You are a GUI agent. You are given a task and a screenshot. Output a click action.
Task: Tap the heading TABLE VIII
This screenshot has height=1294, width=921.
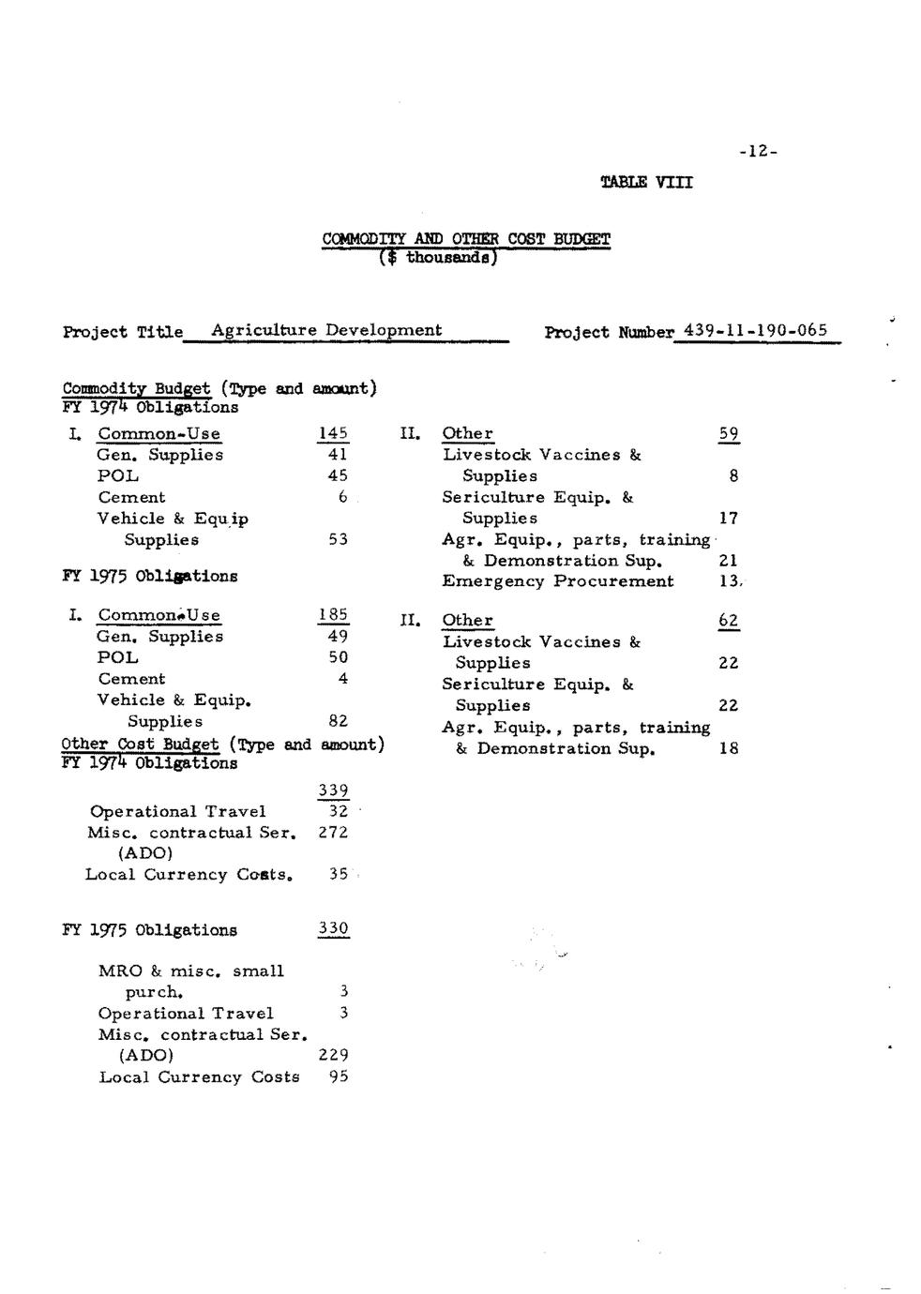[646, 182]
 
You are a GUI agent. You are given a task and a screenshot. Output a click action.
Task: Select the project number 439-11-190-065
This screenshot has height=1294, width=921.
[756, 330]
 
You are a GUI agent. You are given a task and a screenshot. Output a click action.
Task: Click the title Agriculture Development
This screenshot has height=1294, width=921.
[326, 330]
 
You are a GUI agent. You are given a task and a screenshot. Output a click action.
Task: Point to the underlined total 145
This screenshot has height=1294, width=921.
[333, 433]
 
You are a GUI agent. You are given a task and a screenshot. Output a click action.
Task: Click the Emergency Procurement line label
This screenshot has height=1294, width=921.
[557, 581]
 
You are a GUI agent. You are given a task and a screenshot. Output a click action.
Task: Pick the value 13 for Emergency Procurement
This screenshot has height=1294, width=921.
[729, 581]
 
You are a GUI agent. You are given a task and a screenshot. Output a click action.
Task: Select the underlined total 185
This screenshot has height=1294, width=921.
[333, 615]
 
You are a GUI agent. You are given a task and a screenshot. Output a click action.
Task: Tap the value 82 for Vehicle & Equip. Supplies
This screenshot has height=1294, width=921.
[338, 721]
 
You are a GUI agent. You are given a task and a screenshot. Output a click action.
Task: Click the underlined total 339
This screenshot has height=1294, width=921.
[333, 790]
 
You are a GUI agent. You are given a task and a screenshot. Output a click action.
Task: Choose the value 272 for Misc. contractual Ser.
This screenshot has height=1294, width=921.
[333, 833]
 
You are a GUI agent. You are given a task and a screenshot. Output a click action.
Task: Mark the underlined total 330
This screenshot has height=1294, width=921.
[333, 929]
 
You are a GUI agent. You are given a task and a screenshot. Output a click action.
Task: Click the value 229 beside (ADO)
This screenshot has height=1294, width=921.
[333, 1055]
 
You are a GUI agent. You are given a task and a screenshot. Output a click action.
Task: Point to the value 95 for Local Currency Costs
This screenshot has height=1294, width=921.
[338, 1076]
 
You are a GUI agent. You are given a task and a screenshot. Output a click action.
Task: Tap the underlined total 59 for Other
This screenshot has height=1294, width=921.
[729, 434]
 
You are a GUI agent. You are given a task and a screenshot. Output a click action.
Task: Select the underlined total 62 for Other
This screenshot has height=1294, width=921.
[729, 621]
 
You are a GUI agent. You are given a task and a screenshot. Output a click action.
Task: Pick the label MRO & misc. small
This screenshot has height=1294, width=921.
[190, 971]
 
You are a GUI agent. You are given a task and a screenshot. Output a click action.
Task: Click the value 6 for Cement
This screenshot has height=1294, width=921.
[342, 497]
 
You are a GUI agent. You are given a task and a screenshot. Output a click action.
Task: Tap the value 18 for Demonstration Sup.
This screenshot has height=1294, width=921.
[729, 748]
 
